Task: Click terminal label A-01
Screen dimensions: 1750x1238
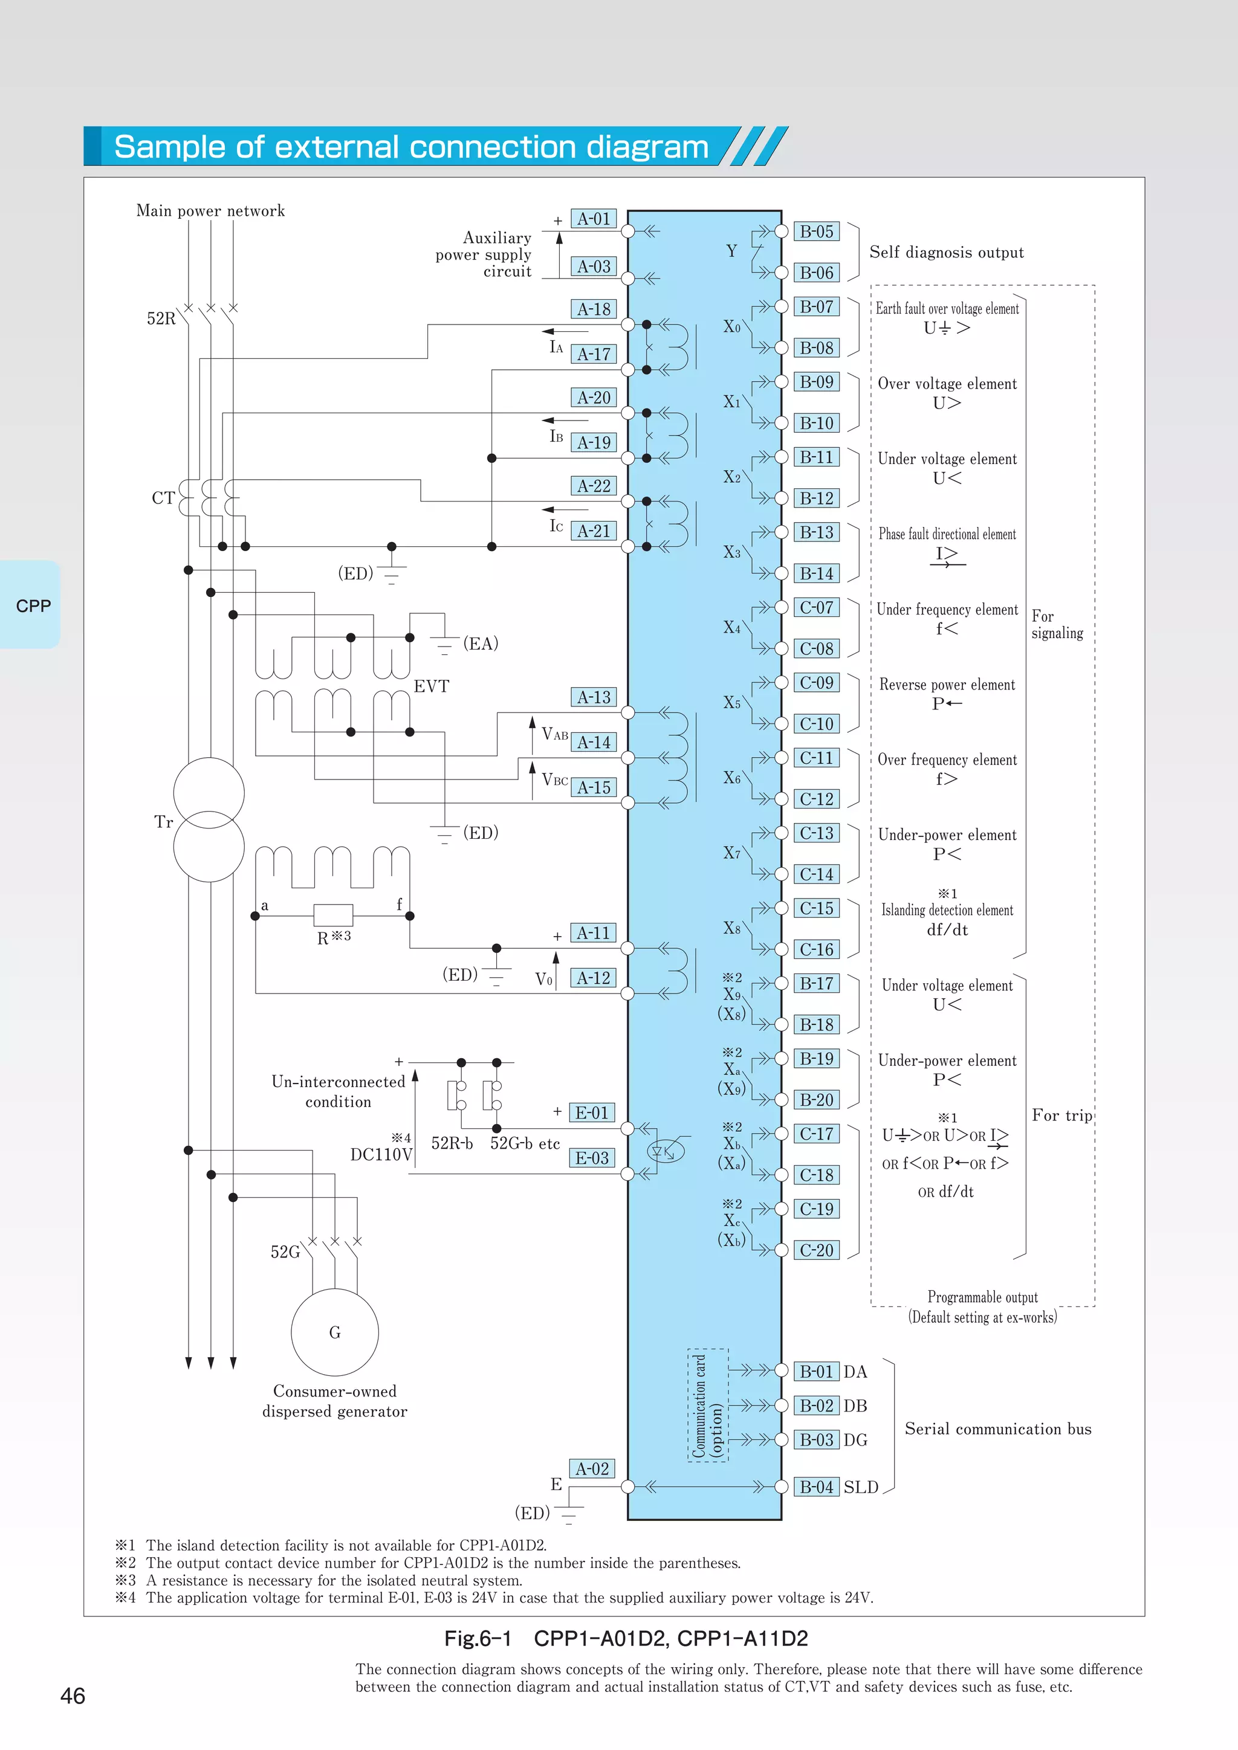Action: click(593, 219)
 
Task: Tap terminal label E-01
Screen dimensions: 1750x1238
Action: click(592, 1113)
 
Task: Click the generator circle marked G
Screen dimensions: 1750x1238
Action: click(335, 1332)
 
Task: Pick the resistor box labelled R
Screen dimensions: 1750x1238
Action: click(333, 915)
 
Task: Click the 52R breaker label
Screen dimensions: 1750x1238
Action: click(161, 318)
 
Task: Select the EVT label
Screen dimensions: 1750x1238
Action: click(432, 686)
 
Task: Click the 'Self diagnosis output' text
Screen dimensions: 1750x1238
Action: click(946, 252)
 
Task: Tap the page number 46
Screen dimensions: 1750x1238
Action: click(73, 1696)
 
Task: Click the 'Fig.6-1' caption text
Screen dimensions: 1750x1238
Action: click(478, 1638)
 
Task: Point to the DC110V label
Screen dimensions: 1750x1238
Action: click(381, 1155)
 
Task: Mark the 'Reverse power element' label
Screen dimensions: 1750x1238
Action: click(947, 685)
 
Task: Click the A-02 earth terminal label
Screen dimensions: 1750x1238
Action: click(592, 1469)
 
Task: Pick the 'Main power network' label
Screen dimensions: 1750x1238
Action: click(210, 211)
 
